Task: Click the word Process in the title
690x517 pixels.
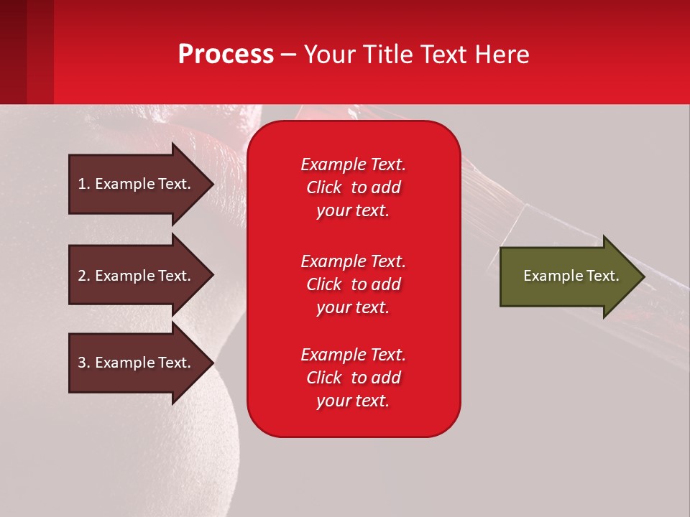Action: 226,55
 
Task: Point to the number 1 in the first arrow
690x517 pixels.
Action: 82,184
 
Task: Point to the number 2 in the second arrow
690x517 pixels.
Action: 82,276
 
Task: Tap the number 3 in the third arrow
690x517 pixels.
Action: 82,363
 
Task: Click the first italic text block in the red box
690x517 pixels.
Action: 353,187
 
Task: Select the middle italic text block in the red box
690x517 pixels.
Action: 353,284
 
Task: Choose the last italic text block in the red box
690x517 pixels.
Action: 353,378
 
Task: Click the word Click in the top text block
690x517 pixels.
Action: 323,187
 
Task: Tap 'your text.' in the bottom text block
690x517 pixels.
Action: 353,401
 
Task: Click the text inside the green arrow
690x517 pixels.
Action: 571,276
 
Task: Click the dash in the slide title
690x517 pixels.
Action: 288,55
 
